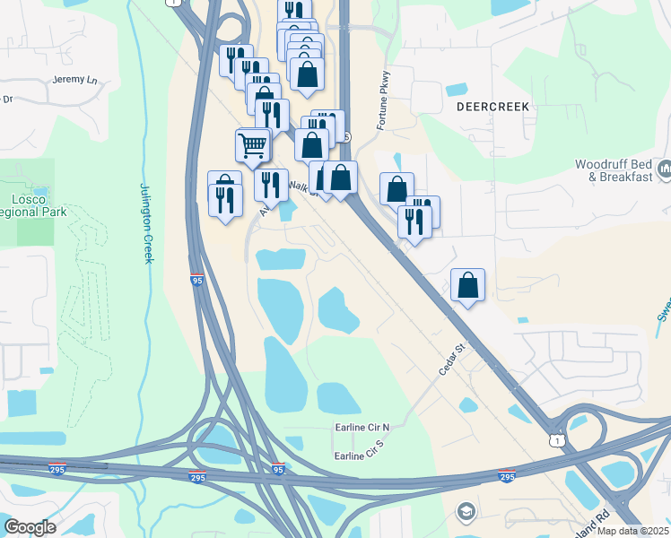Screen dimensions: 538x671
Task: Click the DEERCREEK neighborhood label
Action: [x=492, y=106]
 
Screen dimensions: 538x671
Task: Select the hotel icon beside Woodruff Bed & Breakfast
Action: [x=665, y=169]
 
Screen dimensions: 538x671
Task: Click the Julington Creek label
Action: [x=146, y=224]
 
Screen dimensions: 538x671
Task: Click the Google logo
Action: [x=30, y=526]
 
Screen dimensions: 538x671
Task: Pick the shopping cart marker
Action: [x=253, y=144]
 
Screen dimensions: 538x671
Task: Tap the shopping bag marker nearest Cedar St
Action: [x=467, y=285]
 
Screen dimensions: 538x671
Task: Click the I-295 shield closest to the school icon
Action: [x=506, y=476]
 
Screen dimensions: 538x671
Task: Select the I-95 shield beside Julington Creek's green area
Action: [x=197, y=281]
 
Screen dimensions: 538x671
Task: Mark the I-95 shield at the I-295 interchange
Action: [x=278, y=469]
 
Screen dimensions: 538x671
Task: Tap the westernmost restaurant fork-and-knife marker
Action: [x=224, y=198]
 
